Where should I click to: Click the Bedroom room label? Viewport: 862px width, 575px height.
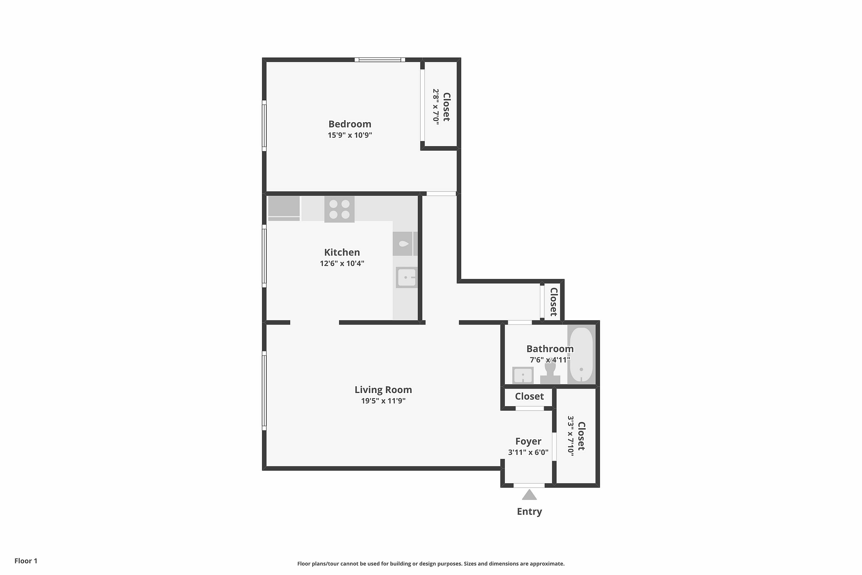coord(350,124)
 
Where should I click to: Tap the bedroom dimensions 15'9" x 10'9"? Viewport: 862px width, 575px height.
coord(350,135)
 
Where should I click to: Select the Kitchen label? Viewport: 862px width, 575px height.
coord(342,252)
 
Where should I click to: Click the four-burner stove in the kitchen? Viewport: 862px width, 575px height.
coord(339,209)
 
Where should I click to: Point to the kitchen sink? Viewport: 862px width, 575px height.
coord(407,277)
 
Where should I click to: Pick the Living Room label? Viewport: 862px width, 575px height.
coord(383,390)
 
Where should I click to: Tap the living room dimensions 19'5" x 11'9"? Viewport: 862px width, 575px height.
coord(383,401)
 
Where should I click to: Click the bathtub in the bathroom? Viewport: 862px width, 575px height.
coord(581,354)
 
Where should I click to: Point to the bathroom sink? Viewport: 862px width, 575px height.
coord(523,375)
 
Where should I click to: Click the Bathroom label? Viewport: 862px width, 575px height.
coord(550,349)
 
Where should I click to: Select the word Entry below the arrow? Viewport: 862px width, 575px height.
coord(529,511)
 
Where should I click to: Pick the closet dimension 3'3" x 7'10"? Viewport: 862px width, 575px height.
coord(570,436)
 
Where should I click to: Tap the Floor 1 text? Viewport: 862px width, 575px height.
coord(26,561)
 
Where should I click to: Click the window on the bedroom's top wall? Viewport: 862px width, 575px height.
coord(380,60)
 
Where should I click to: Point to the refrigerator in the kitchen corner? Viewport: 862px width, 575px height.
coord(284,208)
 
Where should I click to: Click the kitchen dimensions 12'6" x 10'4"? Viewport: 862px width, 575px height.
coord(342,263)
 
